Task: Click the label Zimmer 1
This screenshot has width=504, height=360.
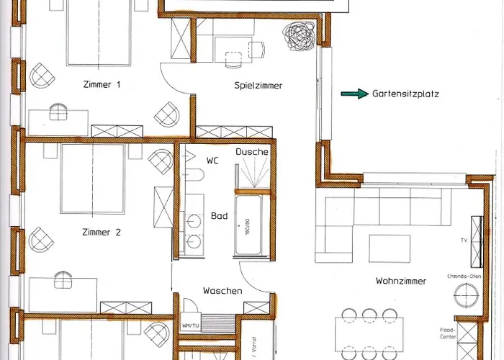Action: [x=102, y=84]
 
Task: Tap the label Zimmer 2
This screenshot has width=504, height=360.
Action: [x=102, y=232]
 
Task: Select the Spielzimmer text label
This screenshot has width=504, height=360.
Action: [x=258, y=86]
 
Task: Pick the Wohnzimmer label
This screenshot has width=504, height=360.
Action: [x=401, y=281]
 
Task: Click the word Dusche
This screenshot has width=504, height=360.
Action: [x=252, y=152]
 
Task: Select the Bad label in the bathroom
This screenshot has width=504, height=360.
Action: [x=219, y=215]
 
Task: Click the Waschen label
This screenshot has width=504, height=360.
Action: [x=222, y=291]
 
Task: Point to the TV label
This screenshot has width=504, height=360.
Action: [x=464, y=240]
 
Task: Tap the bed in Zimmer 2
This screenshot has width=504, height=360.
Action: [x=91, y=179]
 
